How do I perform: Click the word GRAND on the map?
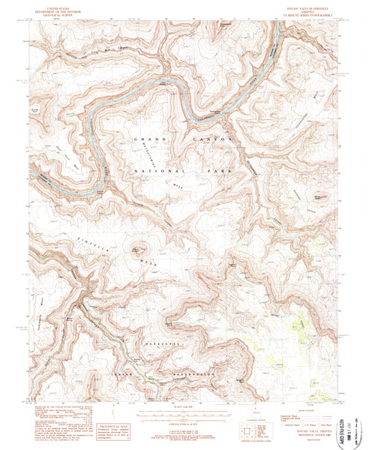(x=148, y=140)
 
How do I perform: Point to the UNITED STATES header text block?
(x=58, y=11)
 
